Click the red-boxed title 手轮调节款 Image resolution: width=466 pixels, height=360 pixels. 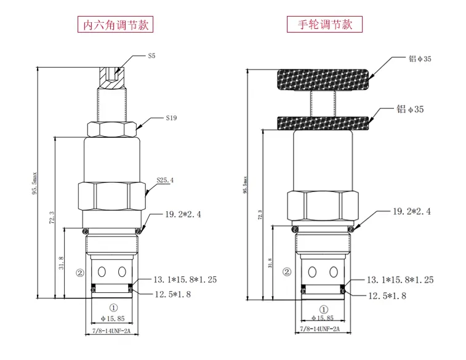point(325,25)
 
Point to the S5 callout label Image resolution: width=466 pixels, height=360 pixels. point(151,56)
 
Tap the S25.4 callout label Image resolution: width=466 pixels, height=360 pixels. point(164,181)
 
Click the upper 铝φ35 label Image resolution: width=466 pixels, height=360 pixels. point(420,59)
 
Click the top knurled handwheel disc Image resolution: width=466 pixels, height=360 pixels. point(325,79)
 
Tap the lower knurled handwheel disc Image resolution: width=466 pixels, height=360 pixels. point(325,124)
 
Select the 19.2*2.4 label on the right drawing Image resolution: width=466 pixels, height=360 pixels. point(412,211)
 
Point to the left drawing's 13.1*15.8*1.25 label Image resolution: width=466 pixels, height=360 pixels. point(184,280)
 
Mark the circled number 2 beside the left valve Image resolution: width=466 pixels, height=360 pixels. point(79,272)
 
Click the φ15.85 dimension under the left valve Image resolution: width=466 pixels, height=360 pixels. point(111,318)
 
